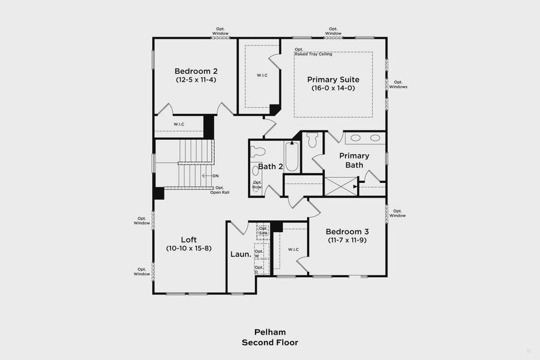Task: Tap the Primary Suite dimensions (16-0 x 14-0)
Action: pos(333,88)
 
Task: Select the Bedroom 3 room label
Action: pos(347,232)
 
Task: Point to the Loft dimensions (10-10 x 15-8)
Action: pos(188,248)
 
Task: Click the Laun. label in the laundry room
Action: pos(240,254)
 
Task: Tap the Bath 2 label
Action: pos(270,166)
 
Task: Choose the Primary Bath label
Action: pos(354,160)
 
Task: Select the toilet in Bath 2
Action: pos(258,152)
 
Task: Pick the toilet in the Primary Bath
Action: pos(311,140)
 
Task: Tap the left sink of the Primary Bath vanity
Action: pos(355,138)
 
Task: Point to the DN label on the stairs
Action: pos(215,176)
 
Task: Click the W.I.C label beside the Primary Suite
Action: pos(262,75)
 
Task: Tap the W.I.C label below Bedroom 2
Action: pos(179,124)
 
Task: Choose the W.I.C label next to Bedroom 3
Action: pos(293,249)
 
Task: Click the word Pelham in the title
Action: pos(269,332)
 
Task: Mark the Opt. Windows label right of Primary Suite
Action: pos(398,84)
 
